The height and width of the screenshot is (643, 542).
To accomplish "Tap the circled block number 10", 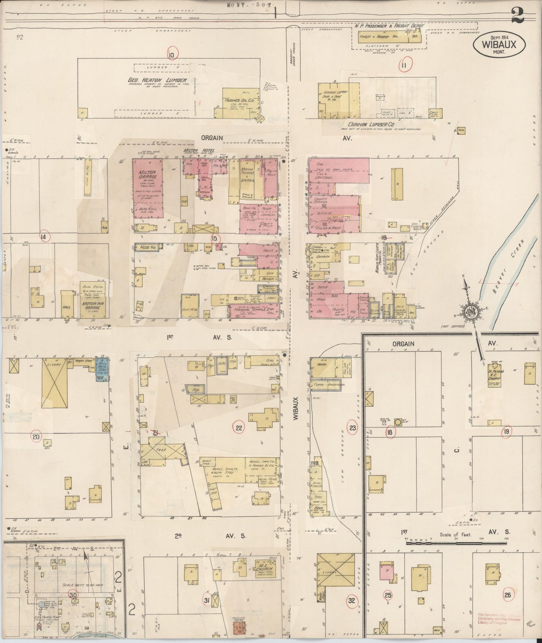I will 172,56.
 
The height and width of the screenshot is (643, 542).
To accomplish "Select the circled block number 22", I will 239,427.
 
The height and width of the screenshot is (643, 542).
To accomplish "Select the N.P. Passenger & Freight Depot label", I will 389,26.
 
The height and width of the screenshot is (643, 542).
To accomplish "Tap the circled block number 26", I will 508,595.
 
